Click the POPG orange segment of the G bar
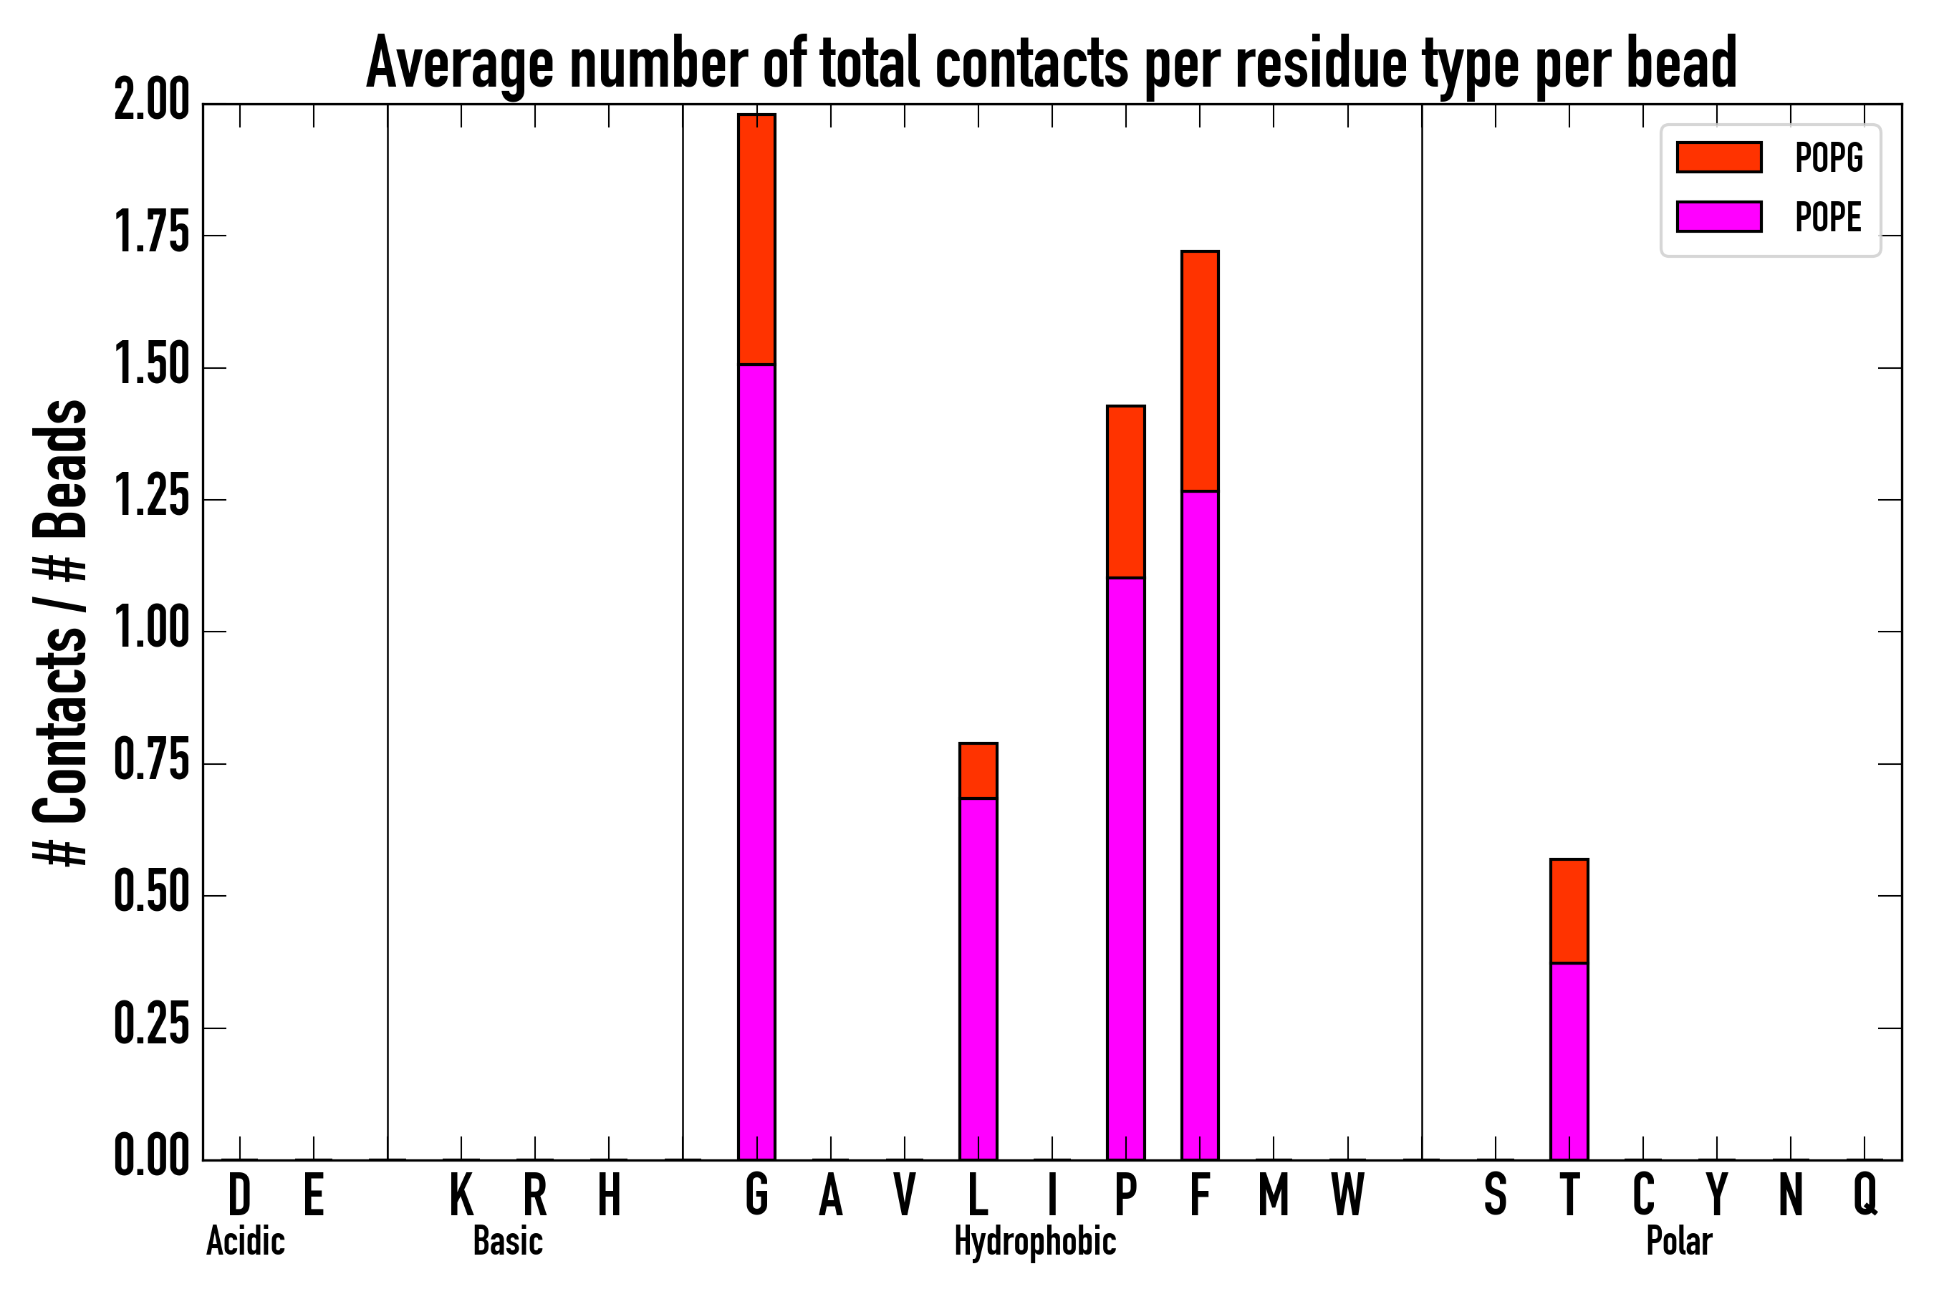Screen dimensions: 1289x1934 (756, 238)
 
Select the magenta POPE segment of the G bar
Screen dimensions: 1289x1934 (756, 761)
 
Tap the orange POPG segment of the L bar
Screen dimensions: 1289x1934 (978, 771)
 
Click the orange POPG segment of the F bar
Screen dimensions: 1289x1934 (1200, 371)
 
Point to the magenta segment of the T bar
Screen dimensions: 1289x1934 (1569, 1061)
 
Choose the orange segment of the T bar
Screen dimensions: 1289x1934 (1569, 911)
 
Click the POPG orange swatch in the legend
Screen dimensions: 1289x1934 (1718, 157)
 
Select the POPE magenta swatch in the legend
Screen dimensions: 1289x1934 (1718, 216)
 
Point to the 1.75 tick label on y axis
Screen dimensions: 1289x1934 (152, 235)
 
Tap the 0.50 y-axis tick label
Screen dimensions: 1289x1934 (152, 895)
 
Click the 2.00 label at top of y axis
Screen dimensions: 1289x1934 (152, 104)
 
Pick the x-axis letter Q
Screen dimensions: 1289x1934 (1865, 1194)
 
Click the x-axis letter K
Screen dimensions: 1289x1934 (461, 1194)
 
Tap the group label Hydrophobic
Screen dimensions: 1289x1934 (1035, 1241)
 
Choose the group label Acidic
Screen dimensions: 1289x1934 (245, 1241)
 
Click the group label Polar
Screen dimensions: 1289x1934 (1678, 1241)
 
